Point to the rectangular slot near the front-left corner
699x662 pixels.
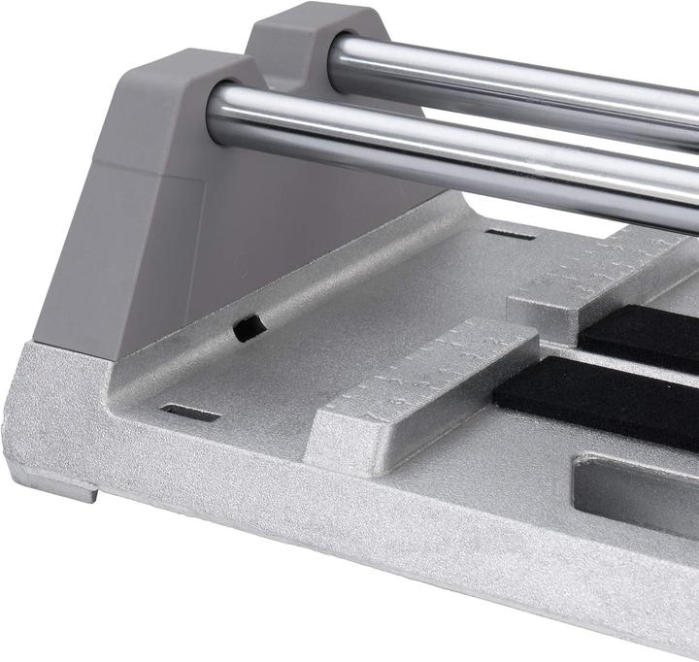click(x=189, y=414)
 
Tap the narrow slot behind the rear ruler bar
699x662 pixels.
click(x=510, y=234)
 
